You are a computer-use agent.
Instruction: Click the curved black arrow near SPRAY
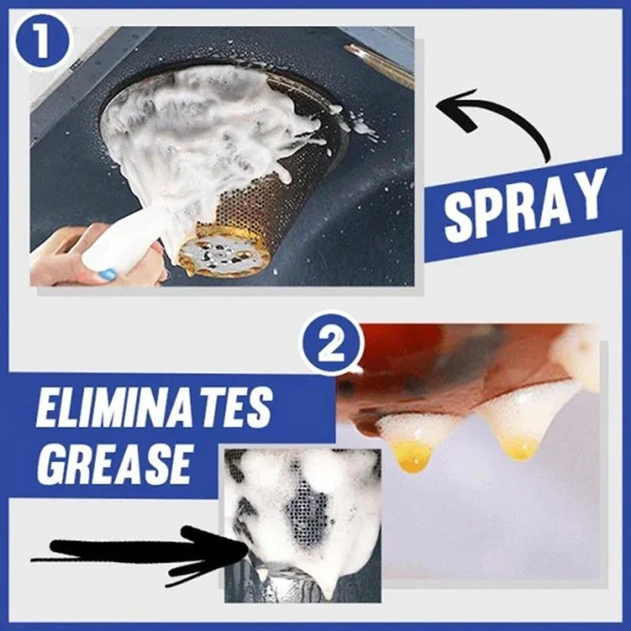point(505,126)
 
